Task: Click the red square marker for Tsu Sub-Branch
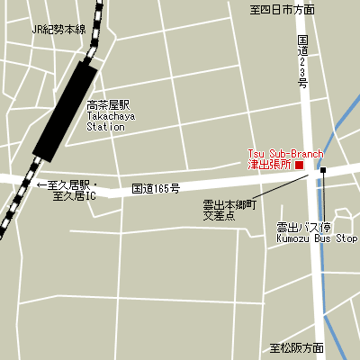(300, 165)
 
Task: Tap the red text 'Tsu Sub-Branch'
(285, 154)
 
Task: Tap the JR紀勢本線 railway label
(58, 30)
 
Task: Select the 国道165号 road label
(156, 189)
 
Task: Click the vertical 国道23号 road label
(303, 61)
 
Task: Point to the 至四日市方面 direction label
(282, 9)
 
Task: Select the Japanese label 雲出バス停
(303, 227)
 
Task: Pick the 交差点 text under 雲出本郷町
(218, 217)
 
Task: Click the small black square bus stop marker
(322, 170)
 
